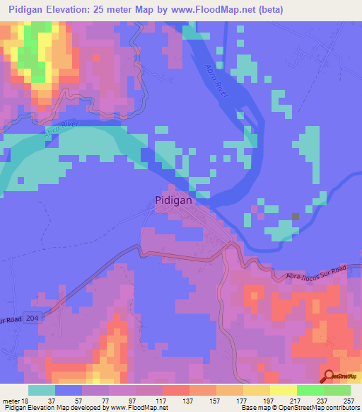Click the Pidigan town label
pos(172,200)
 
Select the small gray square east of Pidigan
pos(296,217)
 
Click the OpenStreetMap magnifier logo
pos(329,377)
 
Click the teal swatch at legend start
pos(42,390)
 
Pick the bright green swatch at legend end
pos(337,390)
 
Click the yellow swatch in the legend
pos(257,390)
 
